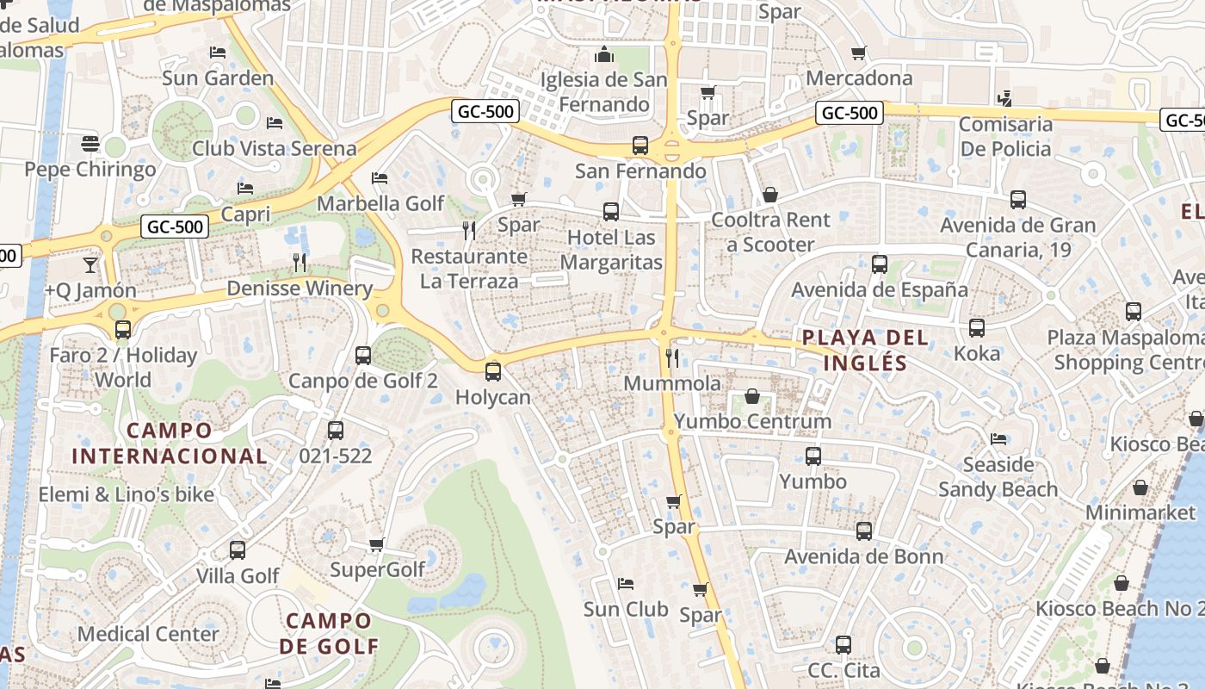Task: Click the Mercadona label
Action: pos(859,78)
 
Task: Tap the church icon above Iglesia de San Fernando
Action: pos(604,54)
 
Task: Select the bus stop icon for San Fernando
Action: pos(640,146)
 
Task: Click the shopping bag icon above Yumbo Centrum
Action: pos(752,396)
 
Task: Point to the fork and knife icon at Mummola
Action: pos(672,357)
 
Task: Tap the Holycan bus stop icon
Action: pos(492,372)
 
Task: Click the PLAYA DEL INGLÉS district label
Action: pos(865,350)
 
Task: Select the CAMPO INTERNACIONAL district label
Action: pos(169,443)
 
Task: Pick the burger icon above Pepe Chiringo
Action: pos(90,143)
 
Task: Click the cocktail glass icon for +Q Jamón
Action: pos(90,264)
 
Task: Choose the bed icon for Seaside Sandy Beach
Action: pos(998,439)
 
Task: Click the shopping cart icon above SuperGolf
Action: pos(376,544)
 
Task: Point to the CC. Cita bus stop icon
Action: pos(843,645)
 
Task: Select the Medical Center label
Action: pos(148,634)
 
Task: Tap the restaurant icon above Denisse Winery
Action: pos(300,262)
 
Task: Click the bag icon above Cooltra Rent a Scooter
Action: pos(770,195)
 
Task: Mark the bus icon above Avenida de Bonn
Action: pos(864,531)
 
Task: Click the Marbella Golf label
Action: pos(380,203)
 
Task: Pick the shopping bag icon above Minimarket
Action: pos(1140,487)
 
